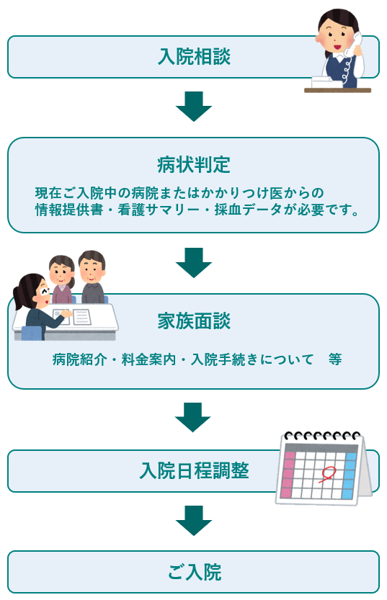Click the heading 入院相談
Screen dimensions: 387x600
194,57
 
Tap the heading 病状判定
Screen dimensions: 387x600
194,165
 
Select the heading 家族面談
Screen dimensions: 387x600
194,321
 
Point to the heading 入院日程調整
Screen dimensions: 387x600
194,470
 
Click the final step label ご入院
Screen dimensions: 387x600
194,572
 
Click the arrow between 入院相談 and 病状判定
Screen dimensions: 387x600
194,107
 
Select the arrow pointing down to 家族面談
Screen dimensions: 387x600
194,262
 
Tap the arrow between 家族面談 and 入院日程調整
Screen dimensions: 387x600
193,418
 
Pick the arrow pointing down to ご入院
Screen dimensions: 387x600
194,521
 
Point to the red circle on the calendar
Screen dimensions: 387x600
327,474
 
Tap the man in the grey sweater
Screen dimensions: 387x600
92,277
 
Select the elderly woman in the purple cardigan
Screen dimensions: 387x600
62,279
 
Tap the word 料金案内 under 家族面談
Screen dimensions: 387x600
148,359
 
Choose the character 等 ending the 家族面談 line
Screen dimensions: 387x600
335,359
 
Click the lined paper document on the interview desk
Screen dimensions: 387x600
82,317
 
